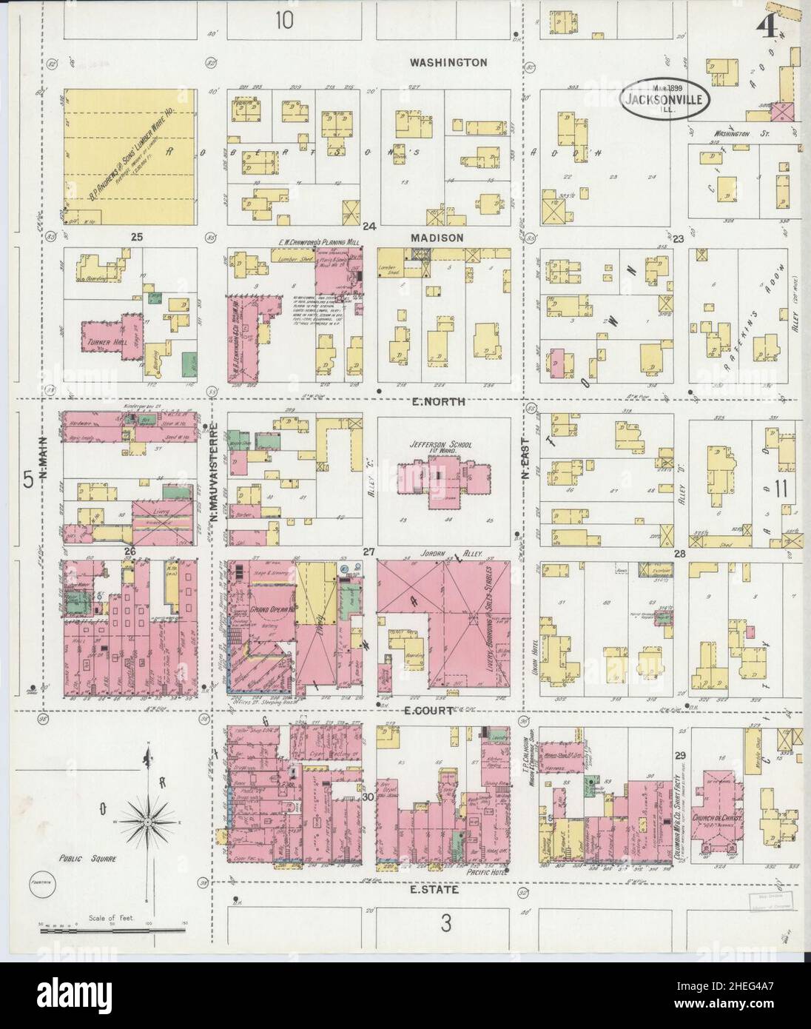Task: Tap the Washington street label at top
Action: [448, 63]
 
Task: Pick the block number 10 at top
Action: [284, 20]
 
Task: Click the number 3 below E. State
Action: [445, 922]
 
